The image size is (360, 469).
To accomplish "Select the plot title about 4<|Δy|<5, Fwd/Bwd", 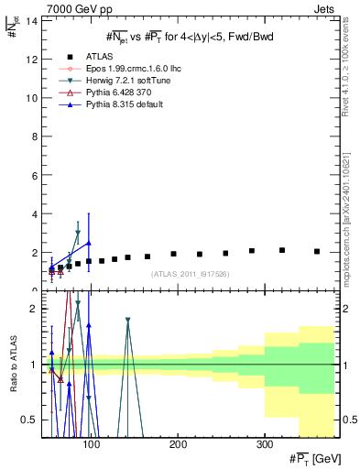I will [x=191, y=36].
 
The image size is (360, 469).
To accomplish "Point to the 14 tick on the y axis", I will [x=32, y=20].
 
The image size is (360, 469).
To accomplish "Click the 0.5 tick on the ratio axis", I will [x=29, y=420].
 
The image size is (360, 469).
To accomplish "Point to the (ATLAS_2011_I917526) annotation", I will [x=190, y=275].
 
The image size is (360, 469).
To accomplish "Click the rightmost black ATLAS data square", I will [x=317, y=251].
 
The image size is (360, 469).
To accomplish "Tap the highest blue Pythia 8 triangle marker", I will [x=88, y=243].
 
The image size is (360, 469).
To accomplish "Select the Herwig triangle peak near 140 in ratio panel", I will [x=127, y=321].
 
